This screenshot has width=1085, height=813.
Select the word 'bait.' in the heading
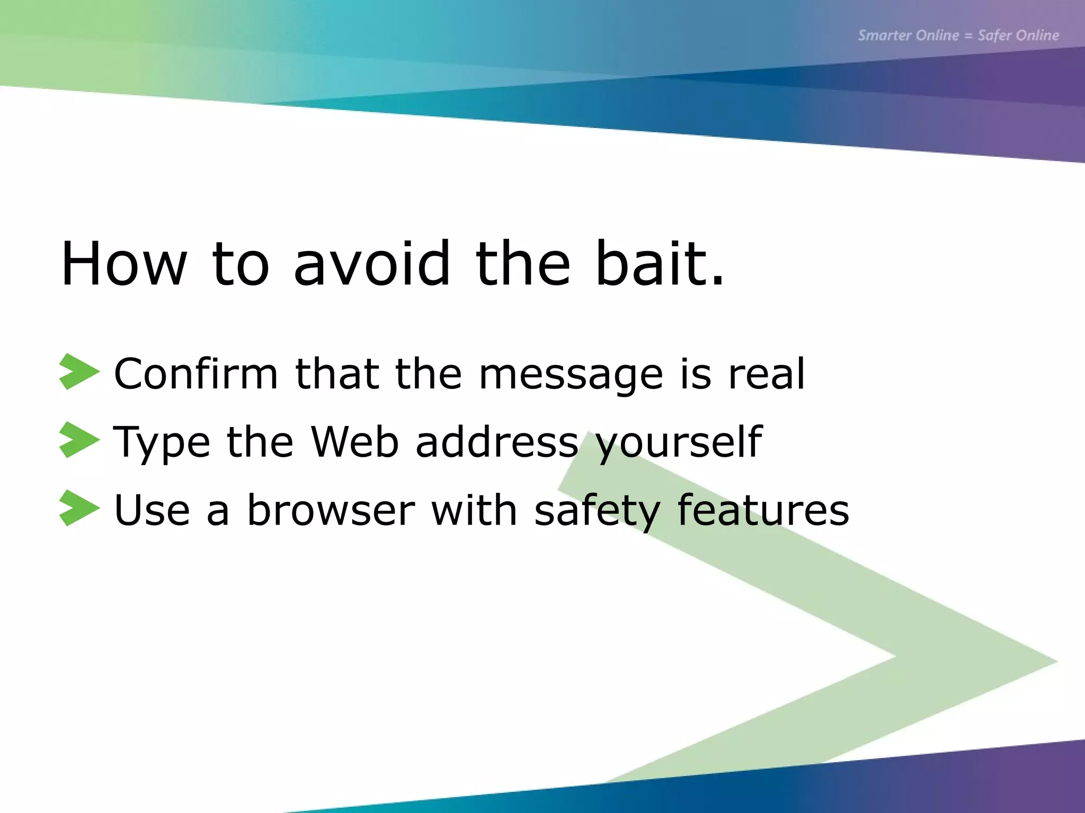[659, 264]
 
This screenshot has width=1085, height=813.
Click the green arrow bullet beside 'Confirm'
[78, 372]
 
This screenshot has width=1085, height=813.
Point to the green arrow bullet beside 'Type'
[78, 440]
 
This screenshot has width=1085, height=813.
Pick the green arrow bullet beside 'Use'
[78, 508]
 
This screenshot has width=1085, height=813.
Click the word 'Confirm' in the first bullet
[196, 374]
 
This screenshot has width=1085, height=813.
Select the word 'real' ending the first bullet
[767, 374]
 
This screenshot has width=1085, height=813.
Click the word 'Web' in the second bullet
[354, 441]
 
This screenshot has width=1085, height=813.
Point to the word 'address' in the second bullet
[497, 441]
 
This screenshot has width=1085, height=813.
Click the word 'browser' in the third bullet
[331, 510]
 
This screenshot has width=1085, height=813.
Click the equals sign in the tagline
[968, 36]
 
